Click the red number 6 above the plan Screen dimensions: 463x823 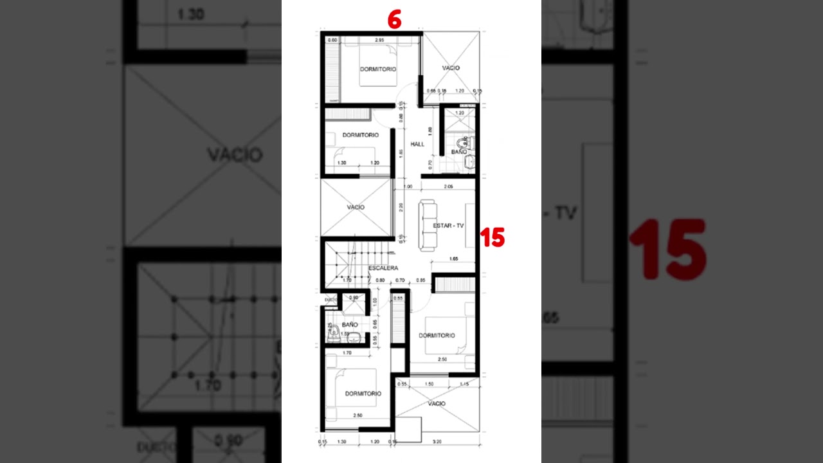pyautogui.click(x=394, y=21)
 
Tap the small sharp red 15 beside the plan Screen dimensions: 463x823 pyautogui.click(x=493, y=238)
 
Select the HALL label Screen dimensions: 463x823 pyautogui.click(x=417, y=144)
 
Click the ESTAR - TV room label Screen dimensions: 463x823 pyautogui.click(x=448, y=226)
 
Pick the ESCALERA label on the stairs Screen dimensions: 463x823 pyautogui.click(x=383, y=268)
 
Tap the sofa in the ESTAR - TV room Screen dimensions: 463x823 pyautogui.click(x=428, y=225)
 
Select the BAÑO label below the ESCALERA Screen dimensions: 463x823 pyautogui.click(x=350, y=325)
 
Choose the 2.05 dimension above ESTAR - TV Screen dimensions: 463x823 pyautogui.click(x=449, y=186)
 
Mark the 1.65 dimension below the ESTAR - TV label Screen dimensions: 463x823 pyautogui.click(x=453, y=259)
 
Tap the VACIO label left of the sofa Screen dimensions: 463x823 pyautogui.click(x=356, y=207)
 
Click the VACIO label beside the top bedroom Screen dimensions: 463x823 pyautogui.click(x=451, y=68)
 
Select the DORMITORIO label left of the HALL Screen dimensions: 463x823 pyautogui.click(x=360, y=135)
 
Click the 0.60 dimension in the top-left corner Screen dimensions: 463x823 pyautogui.click(x=333, y=41)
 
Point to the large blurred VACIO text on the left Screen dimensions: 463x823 pyautogui.click(x=235, y=155)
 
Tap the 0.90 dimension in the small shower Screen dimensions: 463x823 pyautogui.click(x=353, y=298)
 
